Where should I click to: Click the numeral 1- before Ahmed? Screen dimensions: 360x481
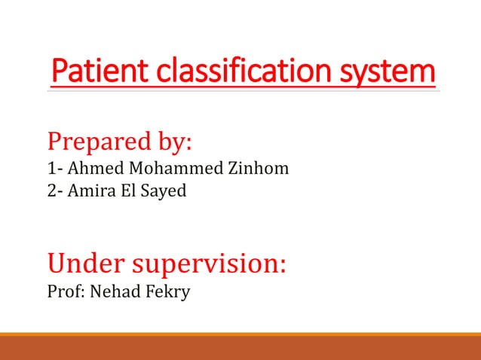(x=54, y=168)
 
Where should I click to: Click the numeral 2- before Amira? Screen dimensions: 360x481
(x=54, y=191)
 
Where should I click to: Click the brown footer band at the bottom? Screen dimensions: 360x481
(x=240, y=349)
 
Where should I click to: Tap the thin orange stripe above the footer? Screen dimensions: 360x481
(x=240, y=334)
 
